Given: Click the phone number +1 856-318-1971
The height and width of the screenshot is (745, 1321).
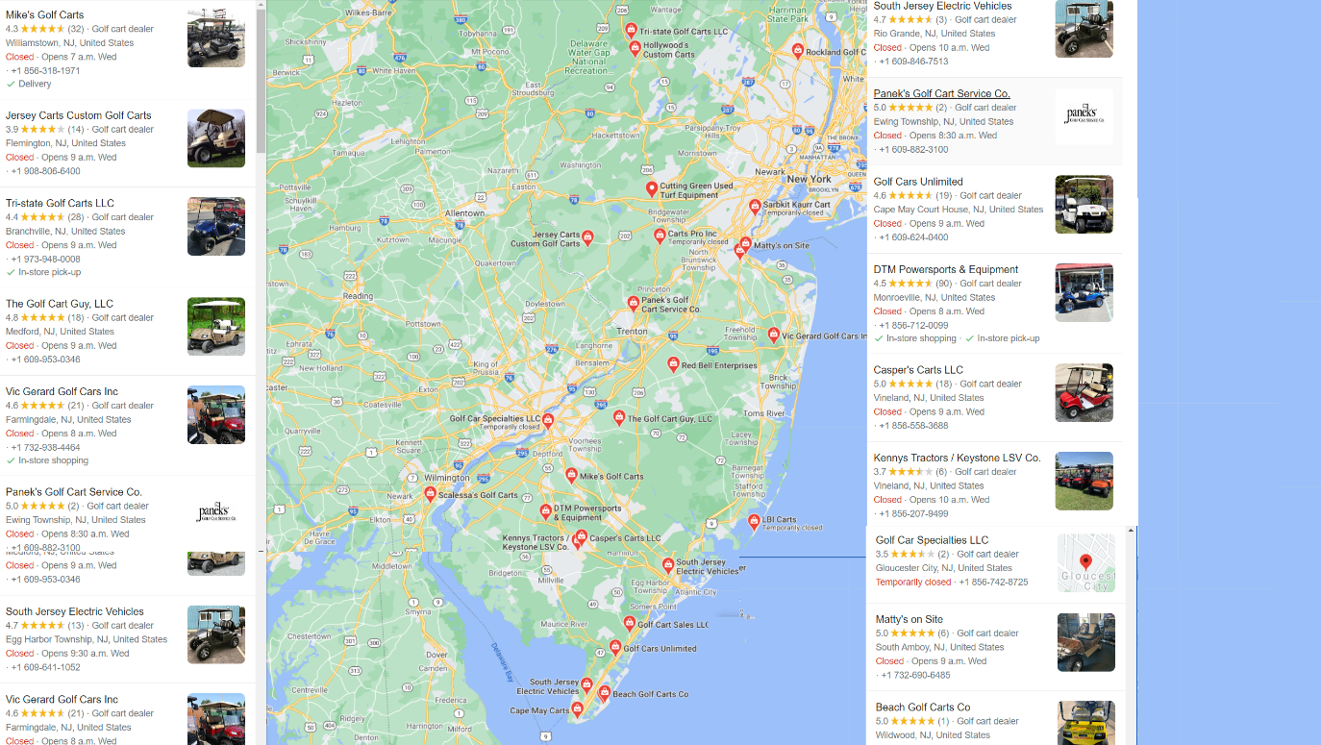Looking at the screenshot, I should tap(45, 71).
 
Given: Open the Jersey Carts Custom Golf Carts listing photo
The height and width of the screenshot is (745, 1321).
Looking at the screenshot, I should tap(215, 138).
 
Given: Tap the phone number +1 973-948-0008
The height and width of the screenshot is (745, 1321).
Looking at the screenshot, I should tap(45, 260).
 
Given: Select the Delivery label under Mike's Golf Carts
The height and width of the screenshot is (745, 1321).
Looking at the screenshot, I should tap(35, 85).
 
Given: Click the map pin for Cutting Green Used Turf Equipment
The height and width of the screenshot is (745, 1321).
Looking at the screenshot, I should tap(651, 188).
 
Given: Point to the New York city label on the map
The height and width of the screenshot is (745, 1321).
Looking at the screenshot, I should tap(809, 179).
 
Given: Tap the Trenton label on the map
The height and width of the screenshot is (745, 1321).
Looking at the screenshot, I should tap(632, 332).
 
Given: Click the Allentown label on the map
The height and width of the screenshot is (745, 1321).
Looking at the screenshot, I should tap(464, 213).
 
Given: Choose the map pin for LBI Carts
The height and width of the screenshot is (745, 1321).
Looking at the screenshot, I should tap(754, 521).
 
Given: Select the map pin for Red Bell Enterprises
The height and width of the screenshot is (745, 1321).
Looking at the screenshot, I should tap(673, 364).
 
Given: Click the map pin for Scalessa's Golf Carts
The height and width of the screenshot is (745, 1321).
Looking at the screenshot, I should tap(430, 494).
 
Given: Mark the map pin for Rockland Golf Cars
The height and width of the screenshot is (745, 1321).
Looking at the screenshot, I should tap(797, 50).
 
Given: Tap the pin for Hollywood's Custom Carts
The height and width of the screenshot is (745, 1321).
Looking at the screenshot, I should tap(635, 48).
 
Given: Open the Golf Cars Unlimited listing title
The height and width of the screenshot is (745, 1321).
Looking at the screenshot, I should tap(917, 182).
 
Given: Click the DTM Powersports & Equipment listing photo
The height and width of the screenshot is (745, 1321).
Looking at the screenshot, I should tap(1084, 292).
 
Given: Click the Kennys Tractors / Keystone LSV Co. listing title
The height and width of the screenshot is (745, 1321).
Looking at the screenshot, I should tap(957, 459).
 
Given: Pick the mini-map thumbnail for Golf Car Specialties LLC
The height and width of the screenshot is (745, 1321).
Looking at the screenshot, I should tap(1085, 563).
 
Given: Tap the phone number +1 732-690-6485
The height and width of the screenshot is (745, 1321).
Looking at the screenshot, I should tap(915, 676).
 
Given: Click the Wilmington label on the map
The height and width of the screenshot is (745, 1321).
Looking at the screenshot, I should tap(447, 478).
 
